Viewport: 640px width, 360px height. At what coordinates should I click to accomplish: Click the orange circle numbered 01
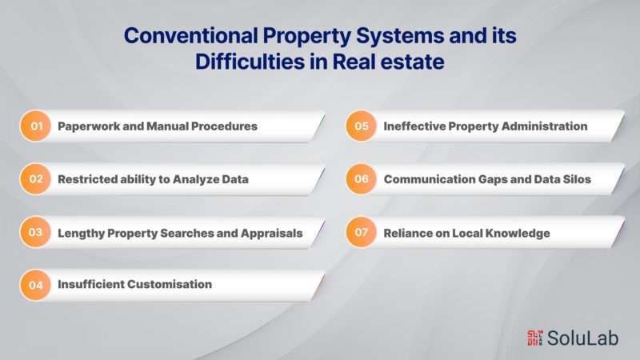[x=35, y=126]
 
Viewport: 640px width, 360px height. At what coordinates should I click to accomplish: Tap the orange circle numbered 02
[x=35, y=178]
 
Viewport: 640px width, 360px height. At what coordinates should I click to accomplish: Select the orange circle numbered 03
[x=35, y=232]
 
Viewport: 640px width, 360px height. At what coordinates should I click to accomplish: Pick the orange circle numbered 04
[x=35, y=285]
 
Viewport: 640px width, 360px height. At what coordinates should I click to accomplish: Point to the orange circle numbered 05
[x=362, y=126]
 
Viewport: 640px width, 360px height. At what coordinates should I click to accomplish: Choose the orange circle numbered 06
[x=362, y=178]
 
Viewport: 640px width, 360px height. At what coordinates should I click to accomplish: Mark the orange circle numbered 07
[x=362, y=232]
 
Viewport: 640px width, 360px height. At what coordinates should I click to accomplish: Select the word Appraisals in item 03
[x=271, y=233]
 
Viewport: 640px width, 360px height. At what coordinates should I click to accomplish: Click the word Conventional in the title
[x=191, y=35]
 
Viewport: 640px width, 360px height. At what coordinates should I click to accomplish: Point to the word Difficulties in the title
[x=250, y=62]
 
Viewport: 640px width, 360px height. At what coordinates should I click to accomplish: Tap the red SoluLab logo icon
[x=534, y=338]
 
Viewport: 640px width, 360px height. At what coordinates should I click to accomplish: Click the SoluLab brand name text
[x=583, y=338]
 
